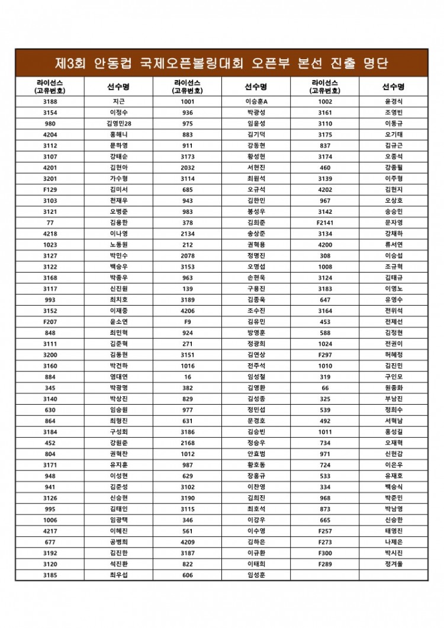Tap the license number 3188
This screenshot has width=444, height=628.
pyautogui.click(x=50, y=101)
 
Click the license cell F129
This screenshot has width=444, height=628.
pyautogui.click(x=50, y=190)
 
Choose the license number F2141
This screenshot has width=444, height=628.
pyautogui.click(x=325, y=223)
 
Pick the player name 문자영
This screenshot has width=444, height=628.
pyautogui.click(x=394, y=223)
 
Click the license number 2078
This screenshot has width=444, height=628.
pyautogui.click(x=188, y=255)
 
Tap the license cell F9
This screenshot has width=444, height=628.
pyautogui.click(x=188, y=322)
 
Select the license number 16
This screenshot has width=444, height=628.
pyautogui.click(x=188, y=377)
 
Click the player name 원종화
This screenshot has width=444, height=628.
pyautogui.click(x=394, y=387)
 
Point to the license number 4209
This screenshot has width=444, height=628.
pyautogui.click(x=188, y=542)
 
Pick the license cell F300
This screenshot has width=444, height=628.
pyautogui.click(x=325, y=553)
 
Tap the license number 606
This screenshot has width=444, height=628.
pyautogui.click(x=188, y=575)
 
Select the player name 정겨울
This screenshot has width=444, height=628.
pyautogui.click(x=394, y=564)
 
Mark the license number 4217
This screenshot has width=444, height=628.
pyautogui.click(x=50, y=531)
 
